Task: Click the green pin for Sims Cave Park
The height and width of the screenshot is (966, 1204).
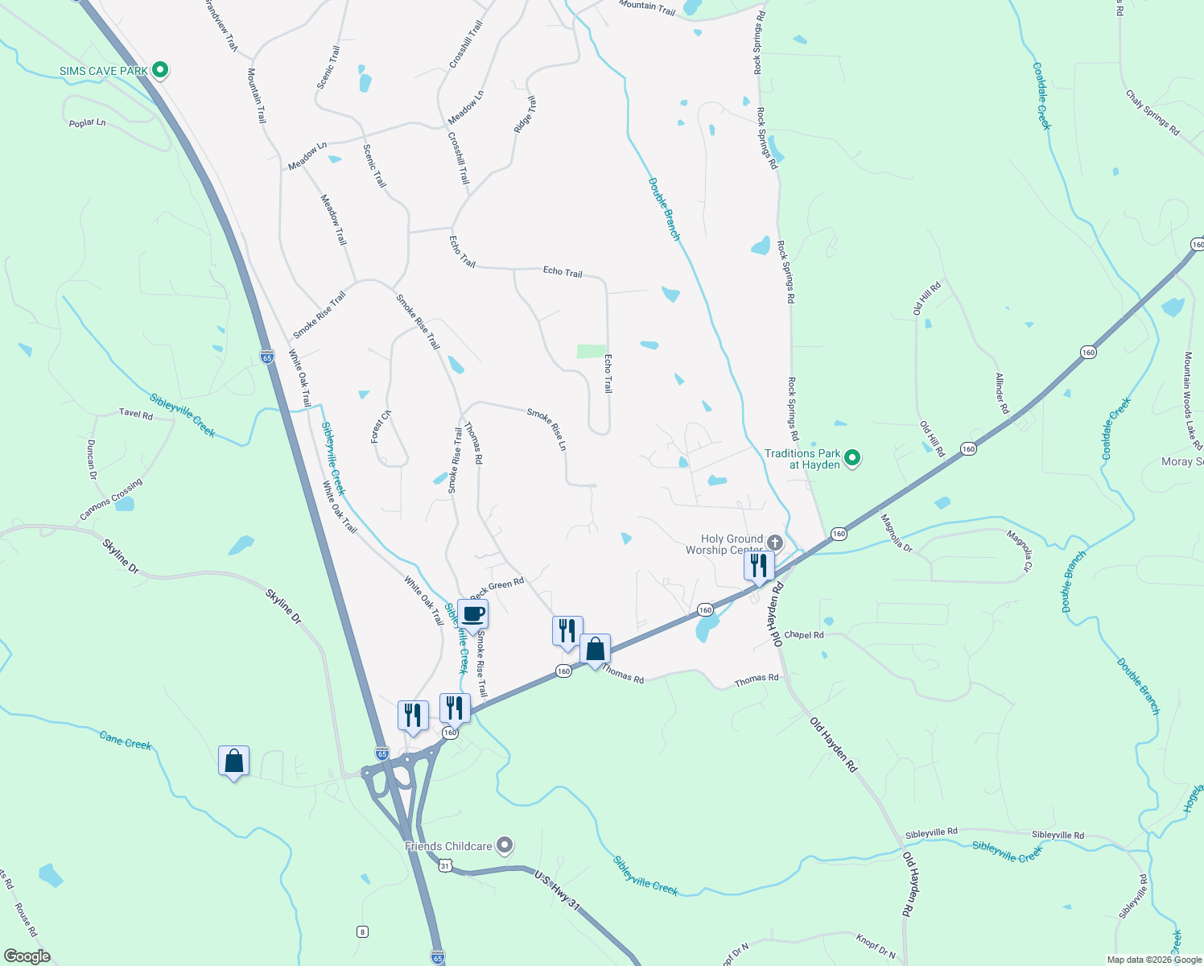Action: [159, 71]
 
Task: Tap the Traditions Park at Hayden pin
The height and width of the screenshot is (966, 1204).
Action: [853, 459]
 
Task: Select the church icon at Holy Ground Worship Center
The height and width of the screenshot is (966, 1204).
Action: [774, 543]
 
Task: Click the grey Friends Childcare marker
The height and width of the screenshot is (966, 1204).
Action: [505, 845]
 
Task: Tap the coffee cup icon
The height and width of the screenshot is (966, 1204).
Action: [472, 615]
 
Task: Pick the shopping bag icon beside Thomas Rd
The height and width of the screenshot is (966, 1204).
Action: [595, 649]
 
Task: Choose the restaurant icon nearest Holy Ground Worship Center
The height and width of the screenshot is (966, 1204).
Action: [758, 566]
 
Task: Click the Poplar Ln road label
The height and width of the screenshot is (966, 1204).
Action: [88, 123]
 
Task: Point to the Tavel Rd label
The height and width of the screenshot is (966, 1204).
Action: [135, 414]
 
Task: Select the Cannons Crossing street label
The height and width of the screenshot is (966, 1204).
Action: [111, 499]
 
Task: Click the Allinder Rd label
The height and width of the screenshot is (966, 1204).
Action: [1002, 394]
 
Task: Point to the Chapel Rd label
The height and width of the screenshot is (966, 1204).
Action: [804, 634]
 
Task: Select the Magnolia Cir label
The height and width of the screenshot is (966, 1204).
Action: [1018, 551]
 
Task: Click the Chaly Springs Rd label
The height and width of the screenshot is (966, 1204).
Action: [1152, 113]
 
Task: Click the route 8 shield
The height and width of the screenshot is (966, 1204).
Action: [362, 931]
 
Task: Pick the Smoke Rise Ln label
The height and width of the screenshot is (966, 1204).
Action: [547, 429]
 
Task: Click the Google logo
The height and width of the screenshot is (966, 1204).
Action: [27, 956]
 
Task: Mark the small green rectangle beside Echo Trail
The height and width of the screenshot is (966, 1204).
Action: [592, 351]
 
